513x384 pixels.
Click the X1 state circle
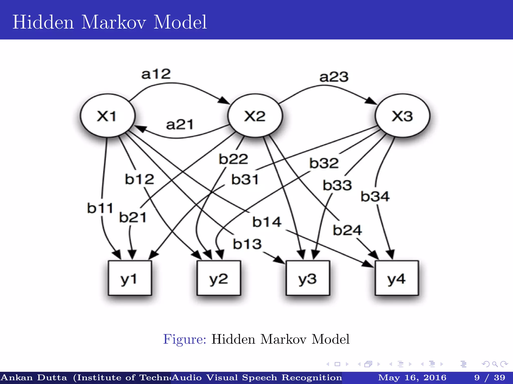click(x=107, y=115)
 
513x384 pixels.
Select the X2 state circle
click(x=255, y=115)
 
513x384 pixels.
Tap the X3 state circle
click(x=402, y=115)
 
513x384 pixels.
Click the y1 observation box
click(x=130, y=278)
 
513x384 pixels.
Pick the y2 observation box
click(x=218, y=278)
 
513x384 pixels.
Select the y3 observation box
click(x=308, y=278)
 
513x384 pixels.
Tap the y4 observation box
click(x=397, y=278)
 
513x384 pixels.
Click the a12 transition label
click(x=156, y=74)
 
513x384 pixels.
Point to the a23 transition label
click(x=334, y=77)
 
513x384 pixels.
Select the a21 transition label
click(x=180, y=124)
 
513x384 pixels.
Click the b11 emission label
click(x=100, y=208)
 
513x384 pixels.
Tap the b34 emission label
click(x=375, y=196)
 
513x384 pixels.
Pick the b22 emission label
click(x=233, y=159)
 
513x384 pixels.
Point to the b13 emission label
click(x=247, y=244)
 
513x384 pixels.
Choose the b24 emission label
click(x=347, y=230)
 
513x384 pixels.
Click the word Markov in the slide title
click(x=113, y=22)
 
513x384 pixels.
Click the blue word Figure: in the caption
click(x=185, y=339)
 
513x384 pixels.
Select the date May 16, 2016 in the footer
click(x=412, y=377)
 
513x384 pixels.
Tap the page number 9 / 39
click(x=489, y=377)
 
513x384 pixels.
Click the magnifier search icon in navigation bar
click(x=494, y=364)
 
